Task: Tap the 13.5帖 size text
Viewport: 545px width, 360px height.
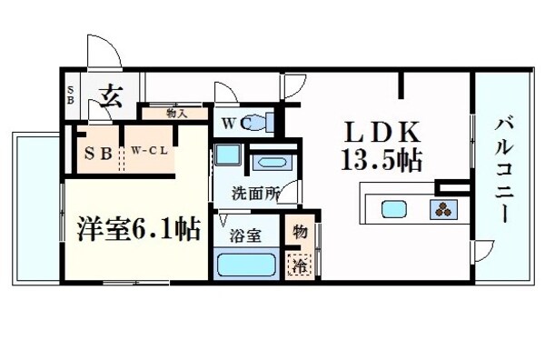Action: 381,161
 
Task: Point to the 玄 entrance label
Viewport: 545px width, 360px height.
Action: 111,95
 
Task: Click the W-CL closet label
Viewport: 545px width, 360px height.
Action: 148,151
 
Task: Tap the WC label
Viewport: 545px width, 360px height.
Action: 229,123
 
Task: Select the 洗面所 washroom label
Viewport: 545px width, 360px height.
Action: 253,192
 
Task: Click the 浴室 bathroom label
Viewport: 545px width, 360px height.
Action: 245,235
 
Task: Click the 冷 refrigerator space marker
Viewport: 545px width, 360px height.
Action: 297,265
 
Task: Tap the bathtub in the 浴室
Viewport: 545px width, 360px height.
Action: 246,265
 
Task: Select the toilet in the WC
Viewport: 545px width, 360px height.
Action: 259,122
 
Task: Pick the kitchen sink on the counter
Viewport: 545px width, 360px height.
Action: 395,209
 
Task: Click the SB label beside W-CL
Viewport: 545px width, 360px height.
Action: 99,152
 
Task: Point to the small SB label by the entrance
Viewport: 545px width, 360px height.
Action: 71,94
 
